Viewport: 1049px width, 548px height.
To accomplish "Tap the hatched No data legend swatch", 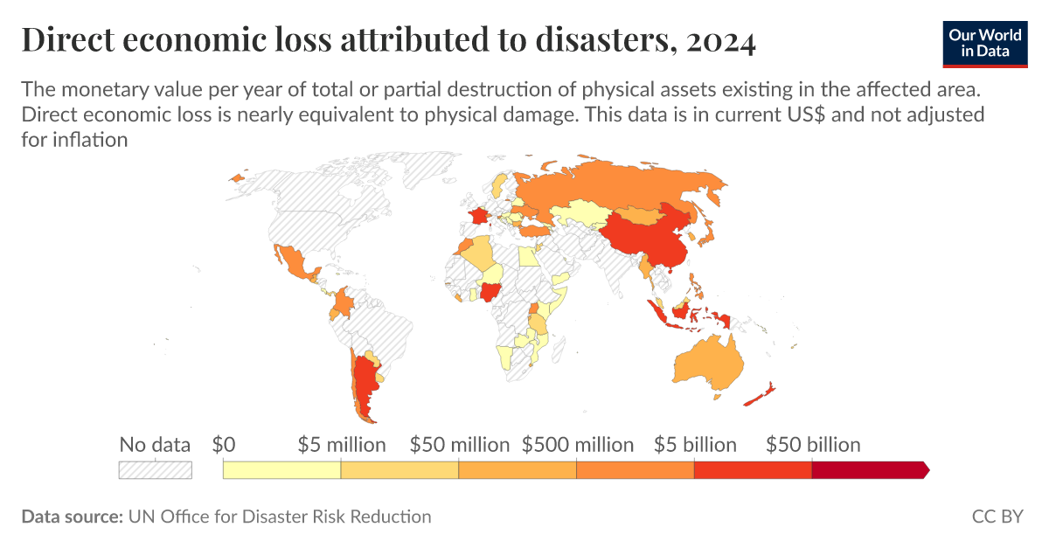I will tap(155, 470).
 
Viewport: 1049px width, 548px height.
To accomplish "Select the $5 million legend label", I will tap(342, 445).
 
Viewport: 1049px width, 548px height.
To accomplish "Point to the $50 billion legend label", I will tap(813, 445).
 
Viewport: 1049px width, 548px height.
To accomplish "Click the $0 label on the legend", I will tap(224, 445).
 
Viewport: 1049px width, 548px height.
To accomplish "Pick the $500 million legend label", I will tap(578, 445).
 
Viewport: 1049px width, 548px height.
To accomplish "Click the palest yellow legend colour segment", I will tap(281, 470).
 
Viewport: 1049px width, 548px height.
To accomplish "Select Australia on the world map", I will tap(709, 362).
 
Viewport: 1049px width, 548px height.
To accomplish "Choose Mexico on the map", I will tap(292, 261).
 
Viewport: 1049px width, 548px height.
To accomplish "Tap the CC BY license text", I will tap(997, 517).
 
